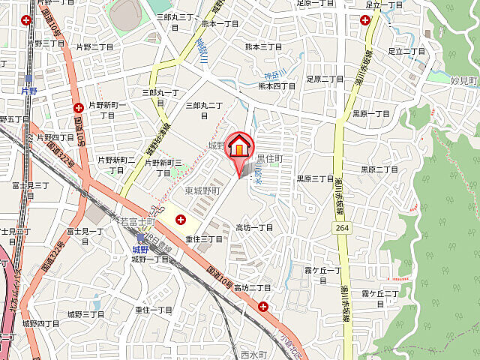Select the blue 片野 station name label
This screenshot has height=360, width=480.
click(x=28, y=90)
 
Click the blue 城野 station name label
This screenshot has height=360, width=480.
click(x=140, y=249)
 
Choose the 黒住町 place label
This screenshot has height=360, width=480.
click(x=269, y=158)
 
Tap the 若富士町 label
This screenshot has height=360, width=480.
click(x=137, y=222)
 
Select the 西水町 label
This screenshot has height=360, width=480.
click(x=255, y=354)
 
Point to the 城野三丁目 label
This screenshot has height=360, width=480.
click(x=85, y=314)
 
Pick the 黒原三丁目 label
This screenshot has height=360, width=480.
click(x=315, y=178)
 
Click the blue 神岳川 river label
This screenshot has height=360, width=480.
click(x=271, y=74)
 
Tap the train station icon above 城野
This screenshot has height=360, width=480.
click(x=140, y=237)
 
